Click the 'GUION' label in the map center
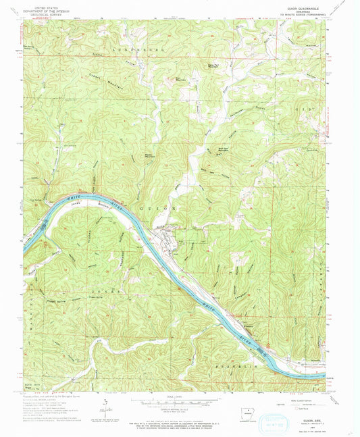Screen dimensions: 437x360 click(159, 209)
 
